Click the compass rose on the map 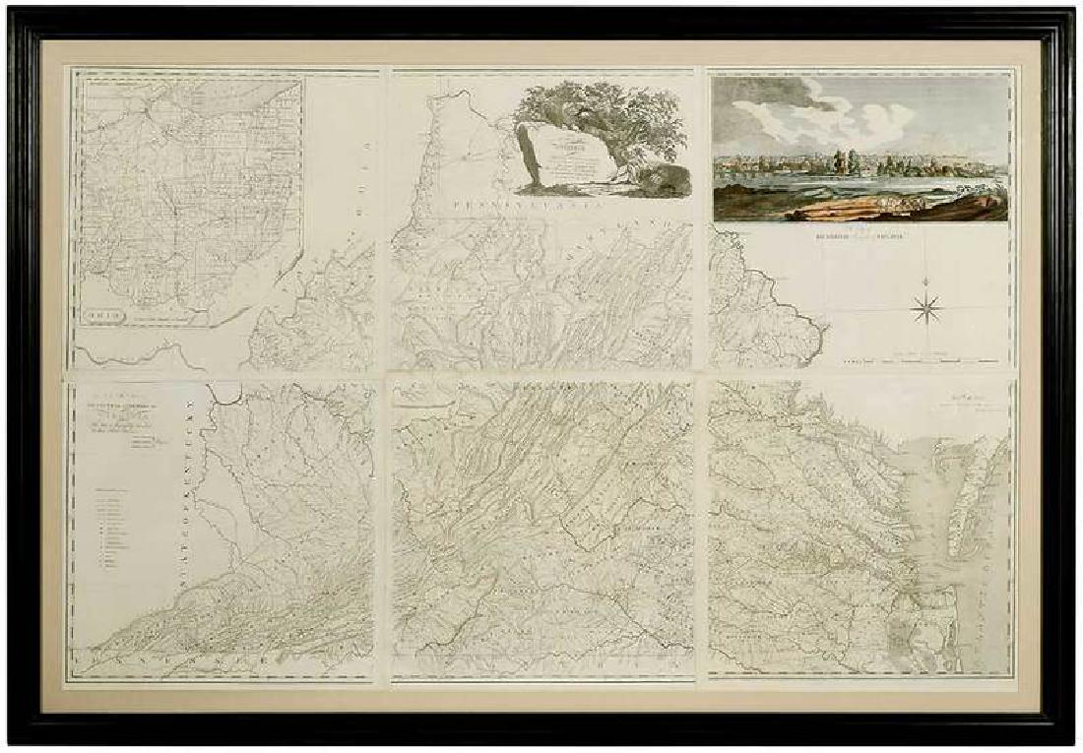pyautogui.click(x=926, y=309)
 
